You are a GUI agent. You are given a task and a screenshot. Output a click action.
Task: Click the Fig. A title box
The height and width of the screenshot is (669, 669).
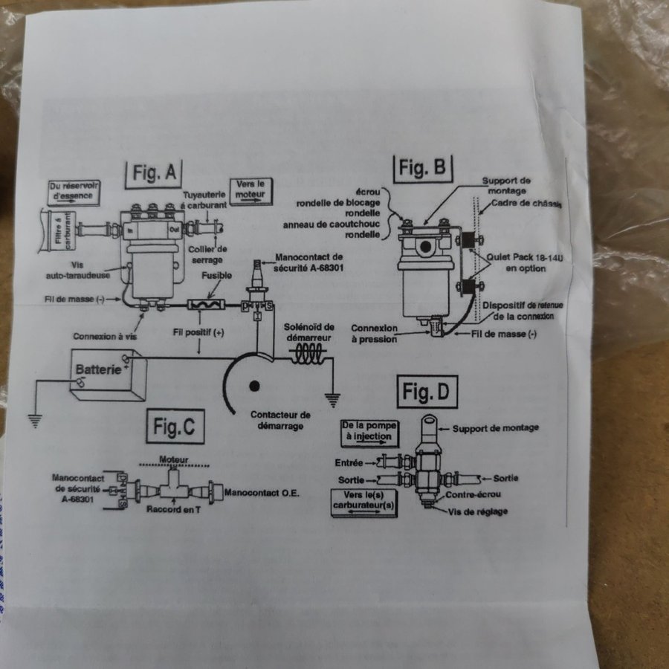(x=155, y=172)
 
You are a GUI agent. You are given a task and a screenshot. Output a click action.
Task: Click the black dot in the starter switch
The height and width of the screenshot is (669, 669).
(x=255, y=387)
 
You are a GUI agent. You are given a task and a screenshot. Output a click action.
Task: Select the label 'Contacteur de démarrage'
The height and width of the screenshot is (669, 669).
(x=280, y=420)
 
